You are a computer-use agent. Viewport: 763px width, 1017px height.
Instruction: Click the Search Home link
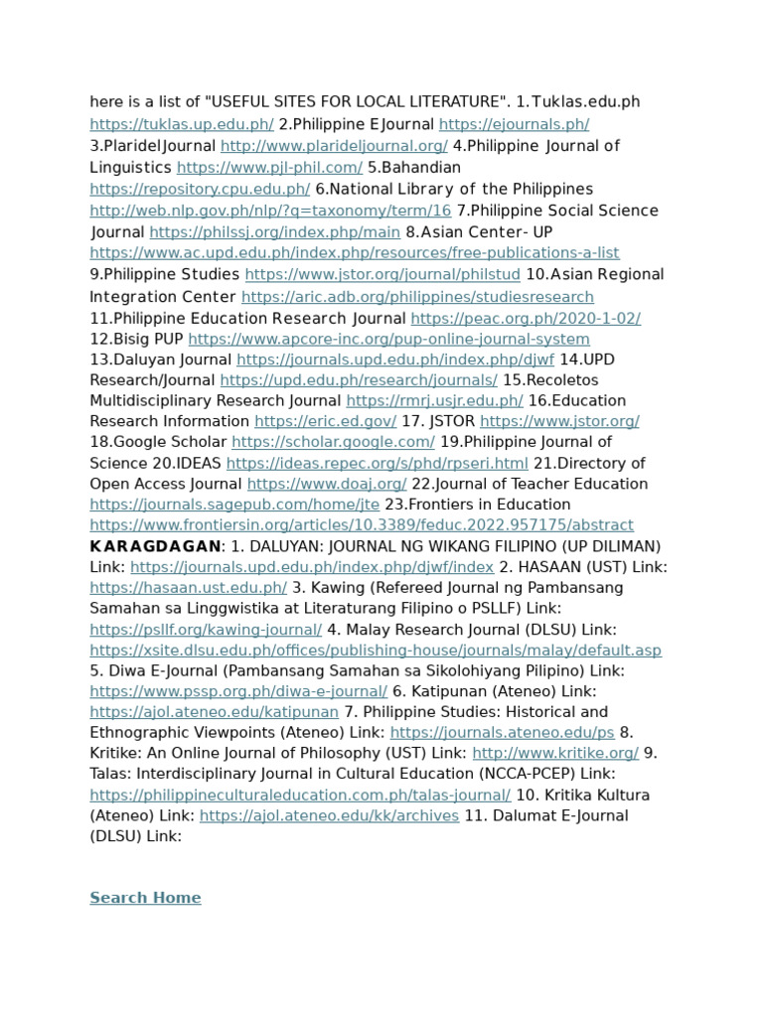145,898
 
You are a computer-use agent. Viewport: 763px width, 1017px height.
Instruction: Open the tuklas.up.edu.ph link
182,124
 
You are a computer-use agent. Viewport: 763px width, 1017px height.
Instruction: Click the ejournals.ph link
514,124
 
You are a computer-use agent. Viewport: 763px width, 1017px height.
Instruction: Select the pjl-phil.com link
269,168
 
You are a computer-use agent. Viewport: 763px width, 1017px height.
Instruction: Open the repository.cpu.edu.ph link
200,189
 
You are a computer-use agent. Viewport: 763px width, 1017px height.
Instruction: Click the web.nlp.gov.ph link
270,211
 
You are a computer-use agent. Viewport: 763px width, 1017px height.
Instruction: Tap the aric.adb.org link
417,297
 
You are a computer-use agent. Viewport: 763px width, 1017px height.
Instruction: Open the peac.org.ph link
526,319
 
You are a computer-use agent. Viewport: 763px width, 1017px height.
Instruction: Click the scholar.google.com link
333,442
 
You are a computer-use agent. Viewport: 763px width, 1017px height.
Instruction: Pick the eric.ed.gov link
325,421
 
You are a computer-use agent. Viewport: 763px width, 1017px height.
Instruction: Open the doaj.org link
327,484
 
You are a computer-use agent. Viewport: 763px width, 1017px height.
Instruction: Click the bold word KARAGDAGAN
155,546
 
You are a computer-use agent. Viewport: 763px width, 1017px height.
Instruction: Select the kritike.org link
554,753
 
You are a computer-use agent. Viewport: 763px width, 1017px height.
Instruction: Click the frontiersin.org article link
362,525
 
